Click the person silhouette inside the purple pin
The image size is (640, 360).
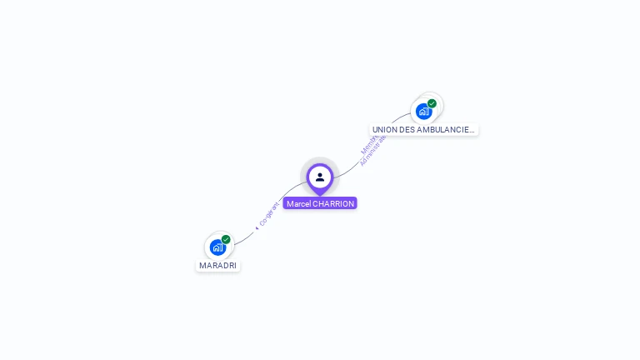coord(320,177)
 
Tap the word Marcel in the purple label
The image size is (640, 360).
coord(298,203)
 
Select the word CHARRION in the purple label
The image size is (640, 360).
coord(333,203)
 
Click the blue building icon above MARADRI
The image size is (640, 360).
coord(217,247)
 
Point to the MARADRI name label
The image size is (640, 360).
coord(217,265)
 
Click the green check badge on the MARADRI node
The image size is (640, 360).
coord(226,239)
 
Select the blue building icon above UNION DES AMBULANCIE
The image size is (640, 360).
coord(423,112)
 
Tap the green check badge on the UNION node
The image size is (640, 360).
coord(432,103)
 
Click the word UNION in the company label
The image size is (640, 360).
coord(384,130)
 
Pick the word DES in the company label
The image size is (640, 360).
coord(407,130)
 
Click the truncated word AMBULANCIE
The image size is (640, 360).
coord(444,130)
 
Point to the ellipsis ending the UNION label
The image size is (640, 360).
coord(472,130)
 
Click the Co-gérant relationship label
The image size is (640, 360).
coord(269,214)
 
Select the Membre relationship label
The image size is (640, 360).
coord(368,144)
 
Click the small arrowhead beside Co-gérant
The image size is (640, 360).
coord(257,227)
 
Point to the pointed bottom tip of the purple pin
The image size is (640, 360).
coord(320,194)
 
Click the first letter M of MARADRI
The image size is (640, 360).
coord(202,265)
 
